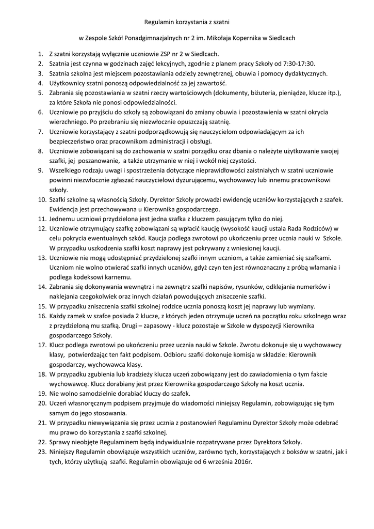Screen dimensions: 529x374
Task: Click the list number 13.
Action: tap(41, 257)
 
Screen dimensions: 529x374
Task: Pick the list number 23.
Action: tap(41, 452)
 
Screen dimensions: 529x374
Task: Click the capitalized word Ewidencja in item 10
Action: tap(66, 209)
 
